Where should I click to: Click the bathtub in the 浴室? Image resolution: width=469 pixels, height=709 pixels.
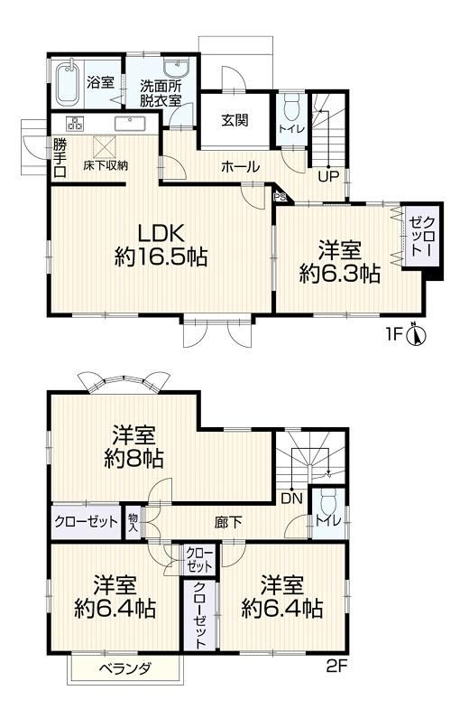(x=69, y=83)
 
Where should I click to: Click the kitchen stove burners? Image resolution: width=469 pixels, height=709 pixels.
(x=75, y=123)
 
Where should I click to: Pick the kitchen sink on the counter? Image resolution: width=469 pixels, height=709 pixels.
(x=130, y=124)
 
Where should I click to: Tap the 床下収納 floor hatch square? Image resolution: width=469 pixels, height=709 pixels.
(x=105, y=145)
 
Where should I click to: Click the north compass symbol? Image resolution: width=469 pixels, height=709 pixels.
(x=416, y=335)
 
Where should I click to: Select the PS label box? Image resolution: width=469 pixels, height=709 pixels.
(x=279, y=197)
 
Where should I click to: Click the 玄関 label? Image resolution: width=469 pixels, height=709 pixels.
(x=234, y=120)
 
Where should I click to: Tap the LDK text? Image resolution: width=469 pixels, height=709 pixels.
(x=161, y=234)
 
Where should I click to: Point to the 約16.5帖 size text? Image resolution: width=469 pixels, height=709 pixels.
(x=161, y=257)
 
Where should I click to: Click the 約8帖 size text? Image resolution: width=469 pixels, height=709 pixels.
(x=133, y=459)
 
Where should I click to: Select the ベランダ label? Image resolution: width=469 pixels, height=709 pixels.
(x=125, y=667)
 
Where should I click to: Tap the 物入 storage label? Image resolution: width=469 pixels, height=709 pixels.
(x=133, y=522)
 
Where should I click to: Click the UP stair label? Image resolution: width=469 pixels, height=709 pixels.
(x=328, y=175)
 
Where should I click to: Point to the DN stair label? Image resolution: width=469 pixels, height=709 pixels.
(x=291, y=499)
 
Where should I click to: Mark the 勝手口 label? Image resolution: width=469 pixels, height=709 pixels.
(x=60, y=158)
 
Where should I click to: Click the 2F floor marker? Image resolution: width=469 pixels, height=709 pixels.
(x=336, y=666)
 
